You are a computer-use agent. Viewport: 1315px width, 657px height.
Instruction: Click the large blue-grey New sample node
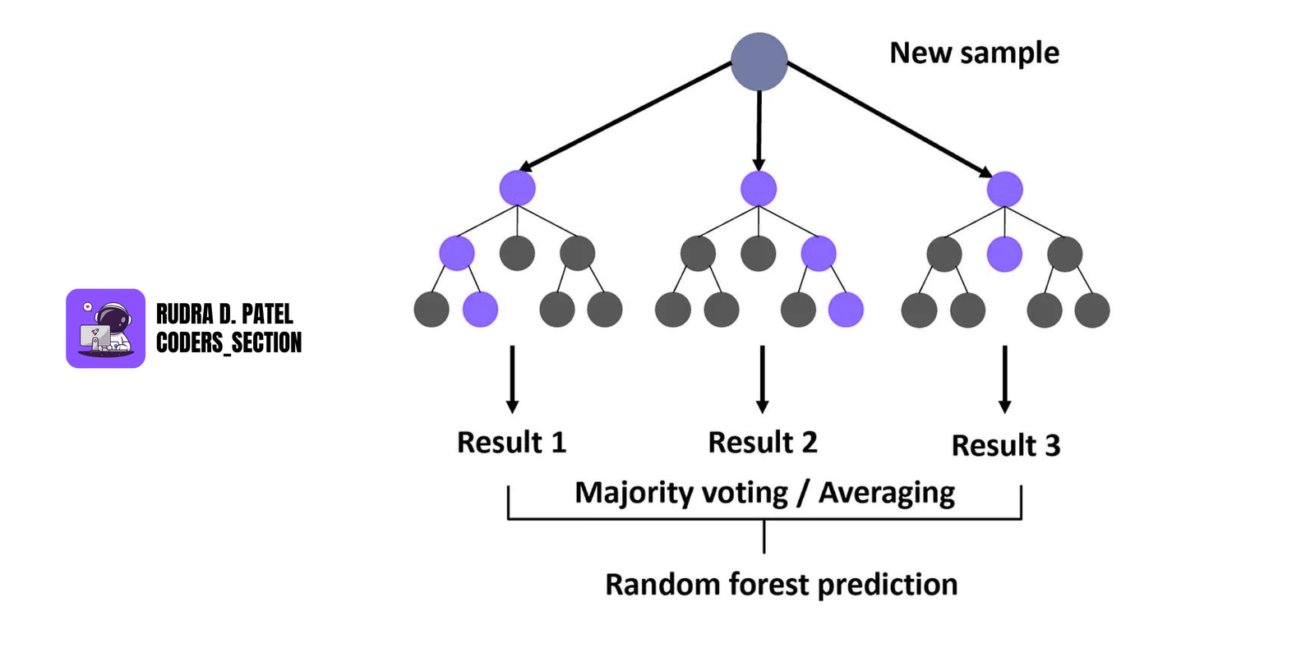click(x=759, y=62)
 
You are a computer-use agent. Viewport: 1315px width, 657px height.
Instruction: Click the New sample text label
click(x=974, y=53)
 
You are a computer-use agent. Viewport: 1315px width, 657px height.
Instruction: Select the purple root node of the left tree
click(x=517, y=188)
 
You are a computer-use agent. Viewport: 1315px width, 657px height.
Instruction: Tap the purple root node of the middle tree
click(x=759, y=189)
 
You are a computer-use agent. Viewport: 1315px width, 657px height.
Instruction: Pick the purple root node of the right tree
click(x=1004, y=190)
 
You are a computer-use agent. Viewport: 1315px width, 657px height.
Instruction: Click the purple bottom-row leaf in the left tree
click(x=480, y=310)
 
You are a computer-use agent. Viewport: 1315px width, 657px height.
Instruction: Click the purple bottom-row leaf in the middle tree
click(x=846, y=310)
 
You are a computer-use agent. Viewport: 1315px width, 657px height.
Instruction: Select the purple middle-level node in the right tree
click(x=1004, y=254)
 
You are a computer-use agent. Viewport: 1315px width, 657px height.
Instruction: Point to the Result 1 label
click(x=511, y=443)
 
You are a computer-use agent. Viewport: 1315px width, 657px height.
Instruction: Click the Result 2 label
click(x=763, y=443)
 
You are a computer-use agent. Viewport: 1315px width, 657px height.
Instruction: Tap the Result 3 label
click(x=1006, y=446)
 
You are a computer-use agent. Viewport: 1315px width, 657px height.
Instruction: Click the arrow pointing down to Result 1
click(x=512, y=378)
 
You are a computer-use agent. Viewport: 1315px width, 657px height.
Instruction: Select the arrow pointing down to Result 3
click(x=1004, y=378)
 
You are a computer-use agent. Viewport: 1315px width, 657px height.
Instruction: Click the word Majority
click(x=634, y=493)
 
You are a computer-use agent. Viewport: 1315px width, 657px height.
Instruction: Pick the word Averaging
click(x=887, y=493)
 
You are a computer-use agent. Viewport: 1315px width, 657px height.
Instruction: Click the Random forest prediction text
click(x=781, y=585)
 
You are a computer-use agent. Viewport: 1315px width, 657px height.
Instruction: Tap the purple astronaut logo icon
click(x=105, y=328)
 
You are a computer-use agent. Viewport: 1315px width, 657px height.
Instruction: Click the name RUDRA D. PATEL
click(x=224, y=315)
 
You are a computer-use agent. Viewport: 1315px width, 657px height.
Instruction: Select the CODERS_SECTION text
click(x=228, y=342)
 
